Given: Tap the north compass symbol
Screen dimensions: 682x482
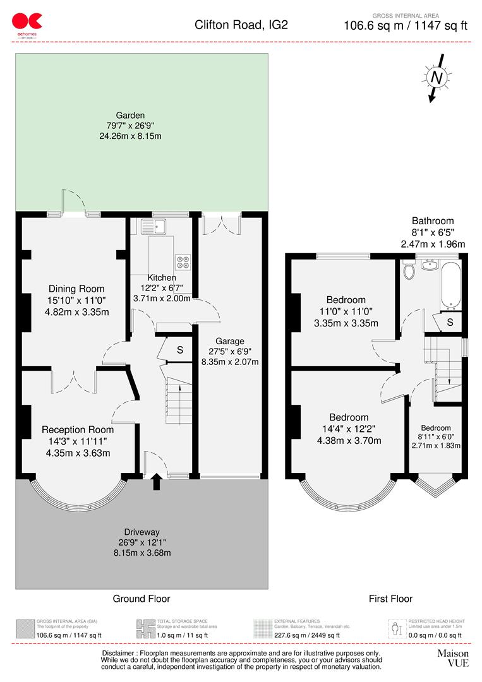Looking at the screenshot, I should coord(435,77).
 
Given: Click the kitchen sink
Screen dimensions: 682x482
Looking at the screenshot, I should coord(153,225).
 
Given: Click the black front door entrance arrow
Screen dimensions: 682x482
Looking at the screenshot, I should coord(156,484).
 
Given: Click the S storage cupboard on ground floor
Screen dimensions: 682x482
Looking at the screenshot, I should coord(179,350).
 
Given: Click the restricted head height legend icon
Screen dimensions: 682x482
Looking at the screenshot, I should coord(396,628).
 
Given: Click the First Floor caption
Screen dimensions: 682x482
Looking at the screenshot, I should coord(390,599).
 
